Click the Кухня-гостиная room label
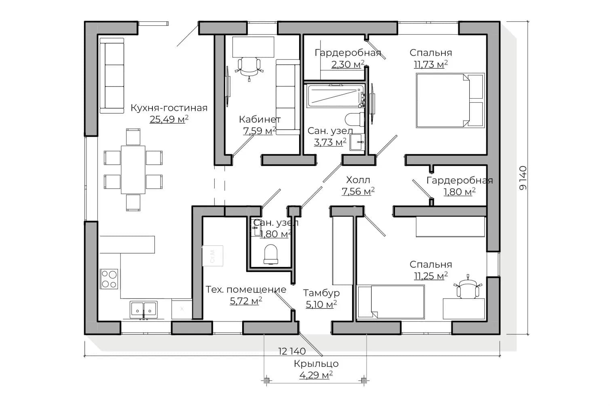point(169,108)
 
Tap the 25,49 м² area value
point(169,119)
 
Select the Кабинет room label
point(260,119)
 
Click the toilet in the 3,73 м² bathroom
point(355,119)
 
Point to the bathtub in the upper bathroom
point(336,95)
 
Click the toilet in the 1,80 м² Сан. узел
point(271,254)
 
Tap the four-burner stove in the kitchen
point(109,279)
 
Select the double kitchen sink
point(144,309)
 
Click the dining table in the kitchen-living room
point(133,170)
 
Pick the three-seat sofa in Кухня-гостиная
point(112,76)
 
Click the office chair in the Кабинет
point(249,68)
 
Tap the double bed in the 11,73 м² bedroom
point(450,100)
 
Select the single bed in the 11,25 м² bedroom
point(390,302)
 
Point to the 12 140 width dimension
point(291,351)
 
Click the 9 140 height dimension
point(523,178)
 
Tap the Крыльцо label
point(316,364)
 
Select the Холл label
point(358,180)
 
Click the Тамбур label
point(321,293)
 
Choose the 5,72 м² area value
point(246,301)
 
